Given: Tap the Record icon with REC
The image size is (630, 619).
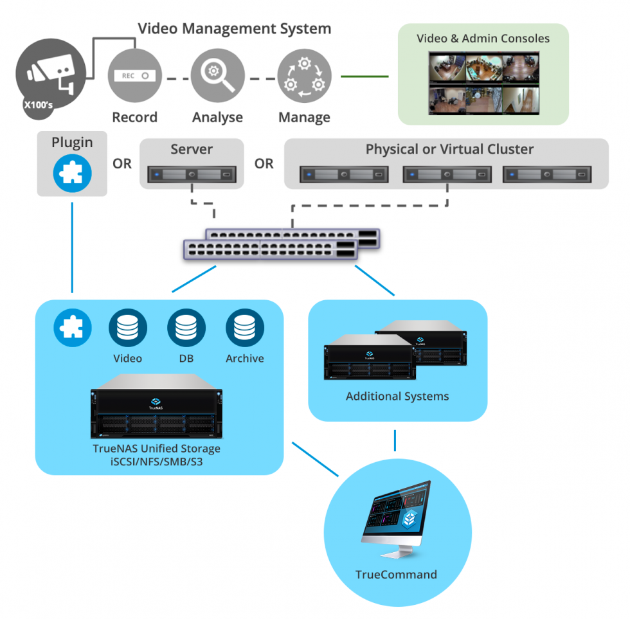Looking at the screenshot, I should [x=134, y=76].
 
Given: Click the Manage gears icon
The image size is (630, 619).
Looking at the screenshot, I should [x=304, y=76].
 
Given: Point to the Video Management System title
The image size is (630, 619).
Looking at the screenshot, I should [x=235, y=29].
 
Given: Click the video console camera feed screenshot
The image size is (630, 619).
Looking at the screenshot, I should [x=483, y=84].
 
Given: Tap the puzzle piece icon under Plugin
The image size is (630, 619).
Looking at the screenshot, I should [x=72, y=173].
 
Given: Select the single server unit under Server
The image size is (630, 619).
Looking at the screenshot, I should [x=192, y=174].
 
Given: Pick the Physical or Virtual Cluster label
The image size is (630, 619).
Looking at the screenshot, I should [x=449, y=149].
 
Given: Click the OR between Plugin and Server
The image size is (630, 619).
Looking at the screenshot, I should [x=122, y=164].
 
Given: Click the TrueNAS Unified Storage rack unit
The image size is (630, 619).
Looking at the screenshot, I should [x=157, y=407].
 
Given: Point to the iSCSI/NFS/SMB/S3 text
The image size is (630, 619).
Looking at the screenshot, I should [x=157, y=462].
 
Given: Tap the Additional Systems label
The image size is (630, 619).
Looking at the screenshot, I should [x=397, y=396].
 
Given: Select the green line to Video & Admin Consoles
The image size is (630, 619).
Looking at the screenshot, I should [x=364, y=76].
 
